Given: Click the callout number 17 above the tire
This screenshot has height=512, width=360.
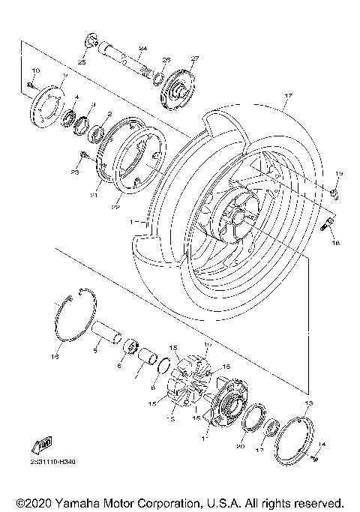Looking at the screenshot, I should [286, 97].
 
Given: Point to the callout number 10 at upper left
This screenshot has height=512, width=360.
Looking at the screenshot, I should [36, 70].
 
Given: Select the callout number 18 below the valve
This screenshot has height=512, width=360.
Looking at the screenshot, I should [334, 244].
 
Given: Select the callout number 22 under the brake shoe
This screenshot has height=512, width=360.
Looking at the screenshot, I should [116, 206].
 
